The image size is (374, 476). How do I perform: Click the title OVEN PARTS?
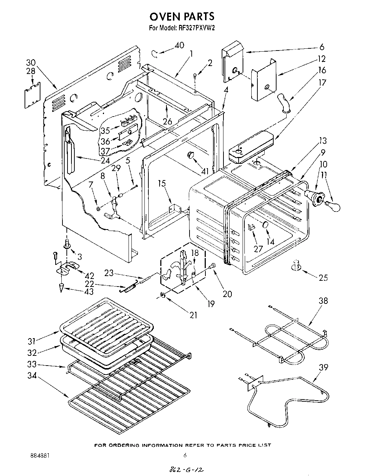click(182, 17)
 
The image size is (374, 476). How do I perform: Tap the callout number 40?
click(179, 45)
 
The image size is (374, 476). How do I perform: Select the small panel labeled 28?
click(32, 95)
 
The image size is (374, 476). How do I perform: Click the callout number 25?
click(323, 278)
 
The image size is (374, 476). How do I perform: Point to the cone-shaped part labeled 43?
click(62, 288)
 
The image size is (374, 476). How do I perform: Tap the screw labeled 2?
click(195, 77)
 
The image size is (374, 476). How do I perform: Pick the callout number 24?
click(105, 161)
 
